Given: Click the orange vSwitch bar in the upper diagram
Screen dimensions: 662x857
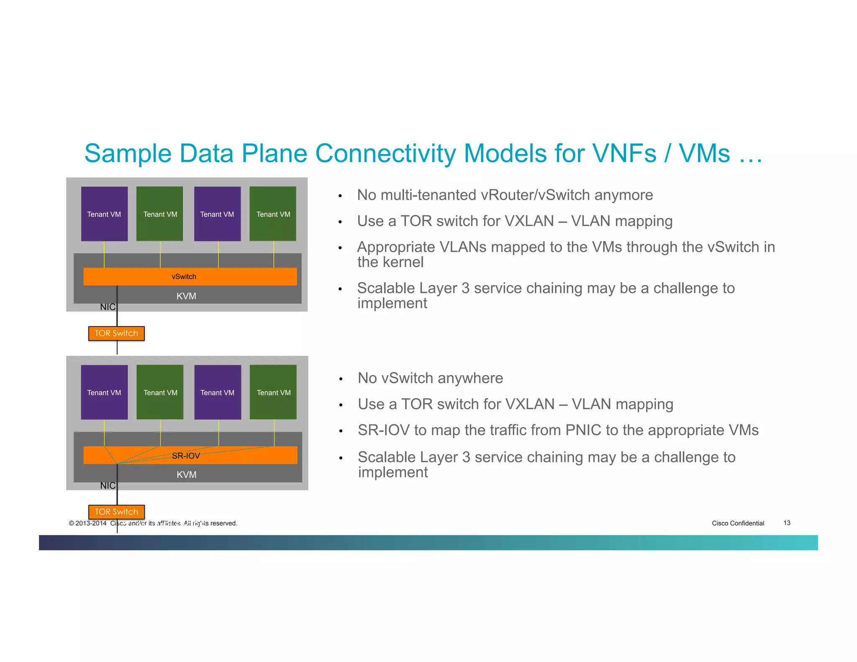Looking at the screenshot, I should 190,277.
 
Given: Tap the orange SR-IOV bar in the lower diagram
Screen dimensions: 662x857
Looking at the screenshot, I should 190,455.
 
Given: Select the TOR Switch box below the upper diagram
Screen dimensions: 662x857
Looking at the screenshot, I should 116,334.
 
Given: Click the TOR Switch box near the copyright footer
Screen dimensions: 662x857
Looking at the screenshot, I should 116,512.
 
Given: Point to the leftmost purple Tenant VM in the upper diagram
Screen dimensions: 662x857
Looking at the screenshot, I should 104,214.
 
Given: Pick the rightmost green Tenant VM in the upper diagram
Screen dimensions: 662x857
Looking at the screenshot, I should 273,214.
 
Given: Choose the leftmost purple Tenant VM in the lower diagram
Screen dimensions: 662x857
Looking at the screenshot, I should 104,392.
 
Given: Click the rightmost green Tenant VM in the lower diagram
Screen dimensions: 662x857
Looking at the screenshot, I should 273,392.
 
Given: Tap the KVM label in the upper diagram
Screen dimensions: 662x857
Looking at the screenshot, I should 186,296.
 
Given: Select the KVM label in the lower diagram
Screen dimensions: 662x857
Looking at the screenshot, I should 186,475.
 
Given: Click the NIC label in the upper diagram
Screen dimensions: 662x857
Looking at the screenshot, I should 108,307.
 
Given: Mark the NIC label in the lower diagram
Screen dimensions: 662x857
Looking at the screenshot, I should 108,485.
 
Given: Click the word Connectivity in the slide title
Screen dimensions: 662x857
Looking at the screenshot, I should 385,154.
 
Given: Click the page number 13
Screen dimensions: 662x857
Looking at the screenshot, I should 787,523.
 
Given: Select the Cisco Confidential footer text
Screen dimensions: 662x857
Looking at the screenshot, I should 738,523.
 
